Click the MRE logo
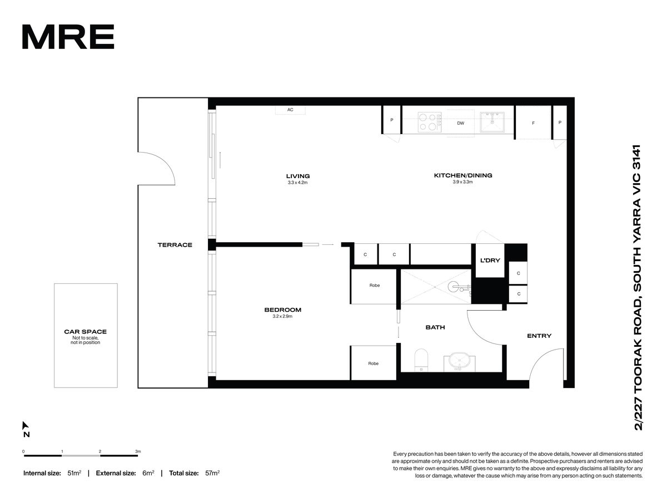(68, 37)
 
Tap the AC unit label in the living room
(290, 110)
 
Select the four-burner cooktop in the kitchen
(429, 122)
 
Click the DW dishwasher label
(460, 123)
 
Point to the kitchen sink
(492, 122)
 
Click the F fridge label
(533, 123)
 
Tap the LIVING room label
(298, 176)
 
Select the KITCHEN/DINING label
(463, 175)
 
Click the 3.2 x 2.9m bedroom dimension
(282, 316)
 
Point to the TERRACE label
(175, 245)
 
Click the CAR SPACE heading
(86, 332)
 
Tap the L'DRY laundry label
(490, 261)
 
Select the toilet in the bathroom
(421, 360)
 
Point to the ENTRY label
(539, 336)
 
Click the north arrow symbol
(25, 425)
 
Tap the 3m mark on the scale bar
(138, 451)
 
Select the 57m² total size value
(212, 473)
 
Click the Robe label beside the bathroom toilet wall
(373, 364)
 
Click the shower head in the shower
(453, 286)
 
